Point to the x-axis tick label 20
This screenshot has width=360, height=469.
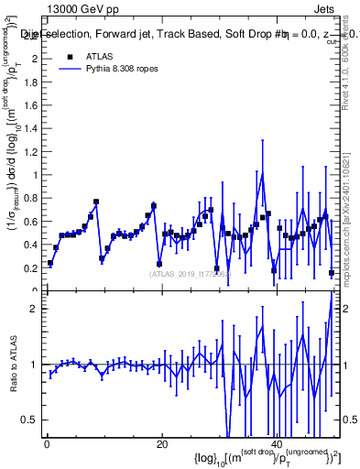161,445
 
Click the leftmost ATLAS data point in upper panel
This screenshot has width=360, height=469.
50,264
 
